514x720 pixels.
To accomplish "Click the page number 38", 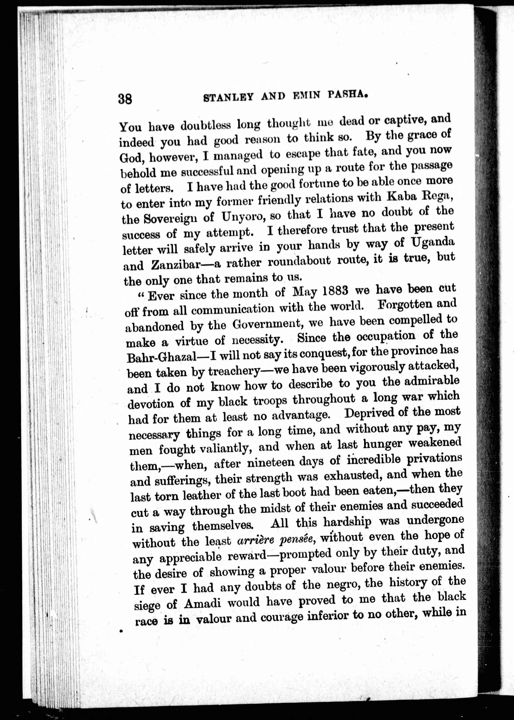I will tap(125, 99).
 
